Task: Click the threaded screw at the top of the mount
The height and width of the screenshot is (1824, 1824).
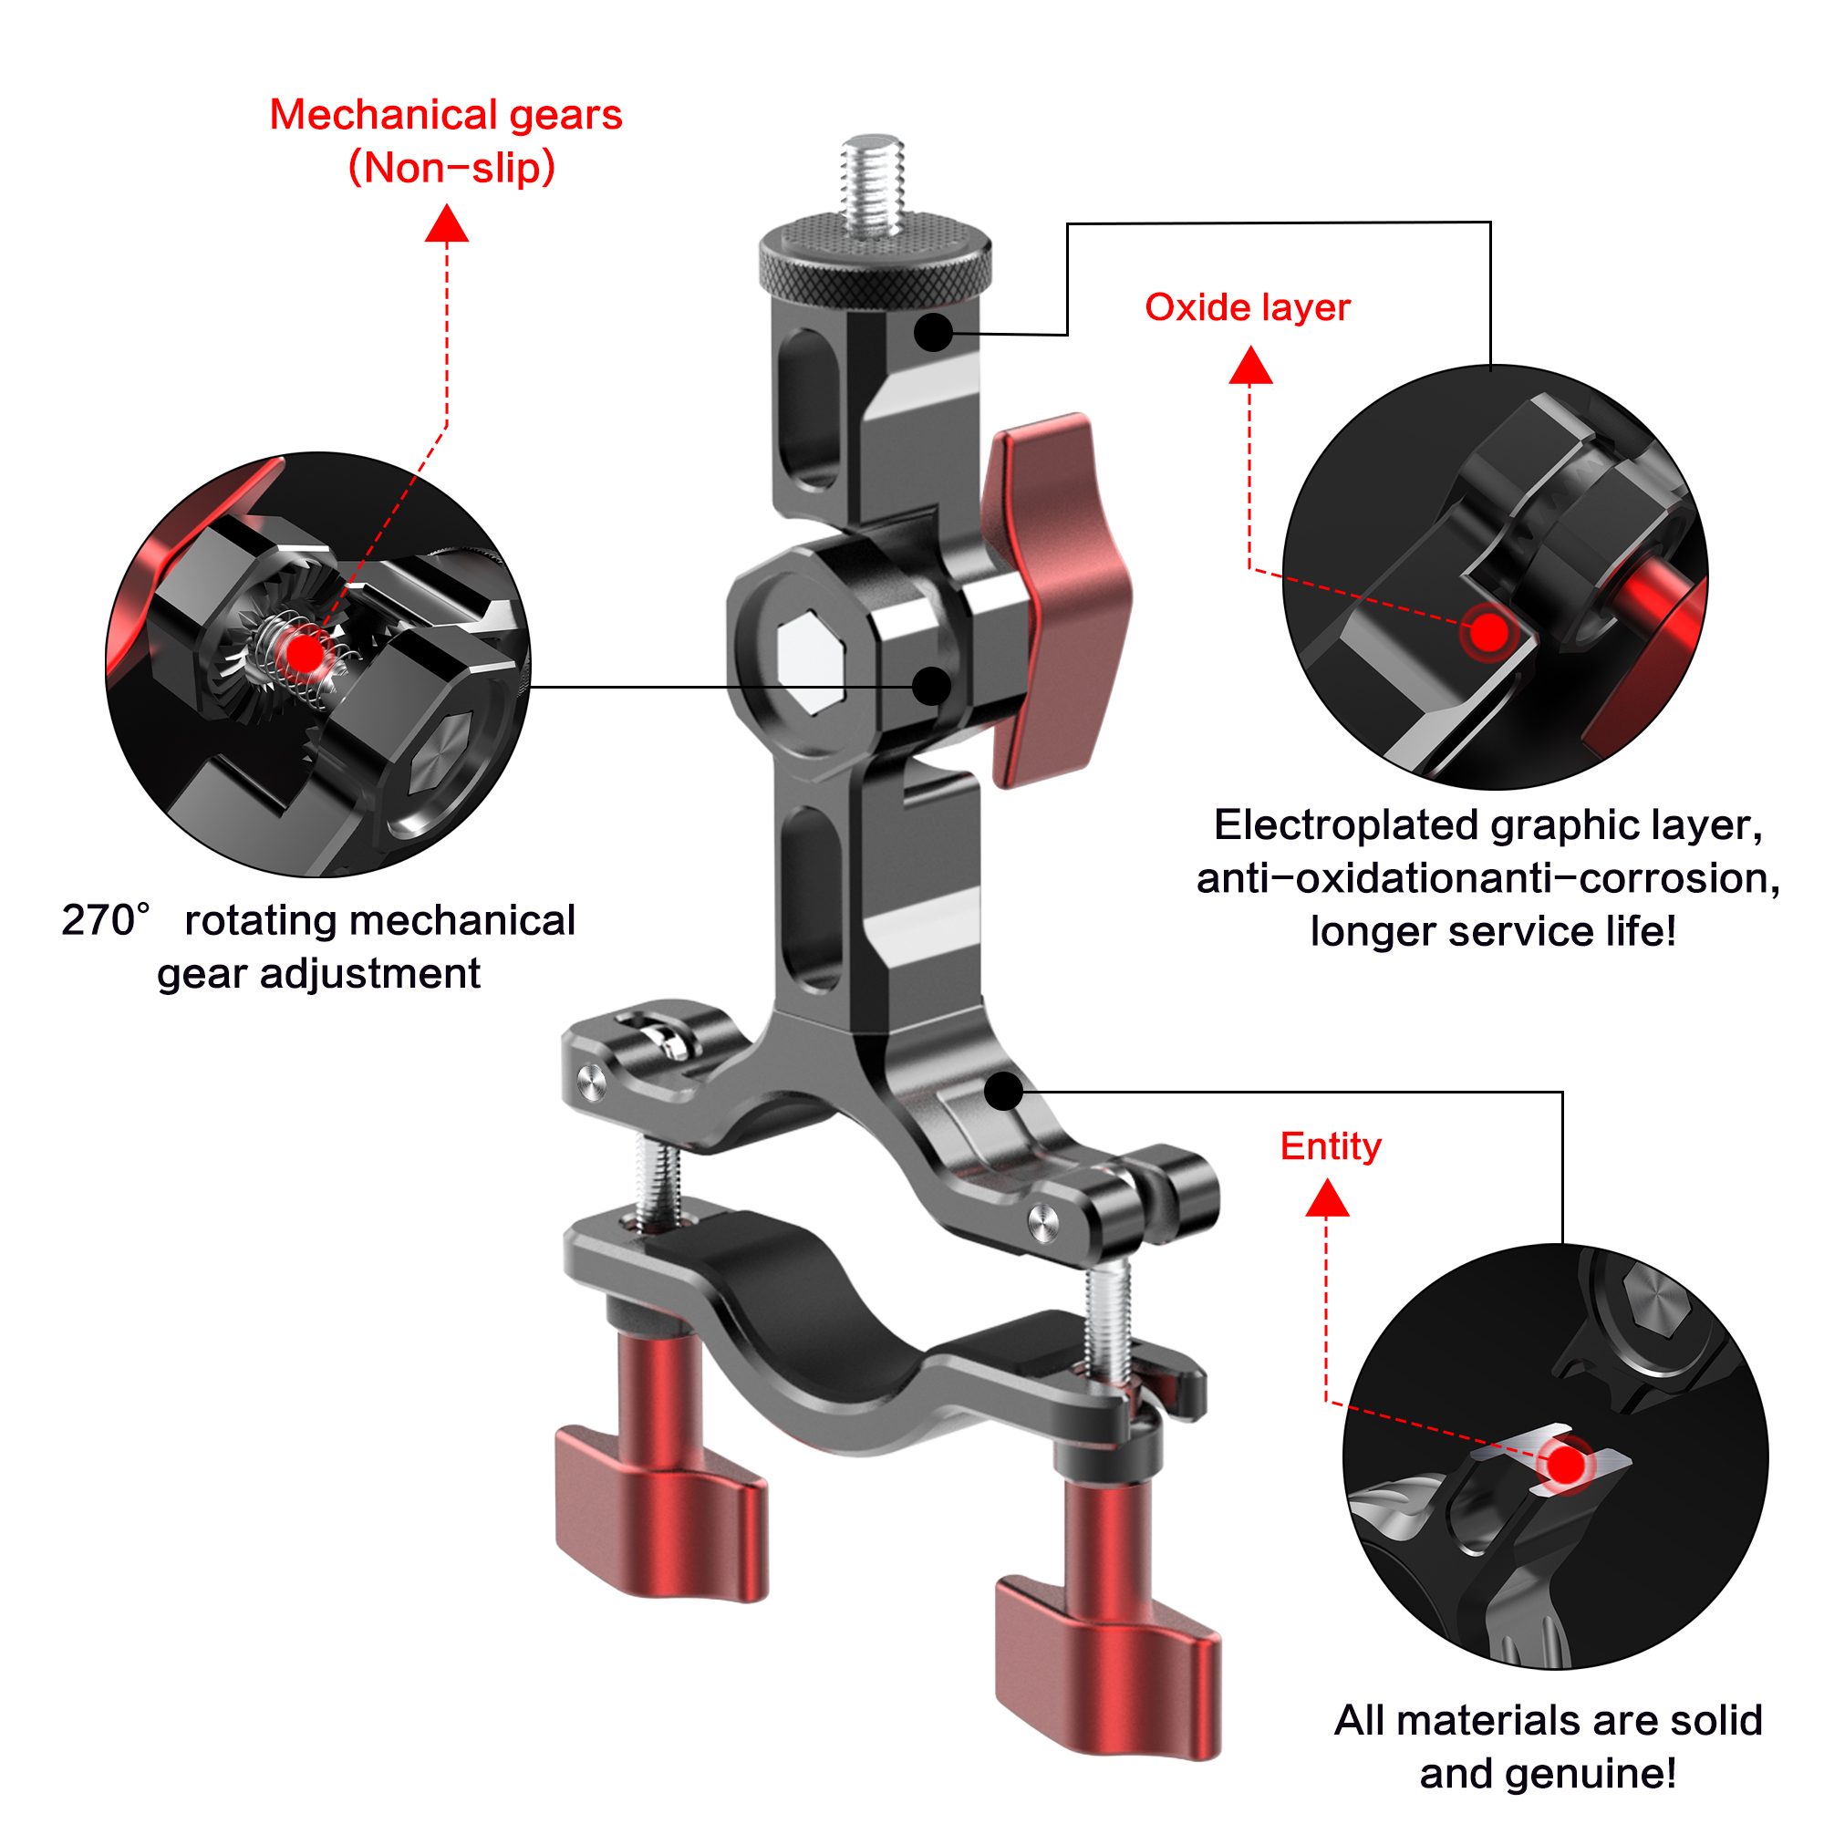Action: point(874,185)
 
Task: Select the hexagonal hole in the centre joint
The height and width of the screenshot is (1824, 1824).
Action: point(810,661)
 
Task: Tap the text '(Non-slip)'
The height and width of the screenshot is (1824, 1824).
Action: point(451,168)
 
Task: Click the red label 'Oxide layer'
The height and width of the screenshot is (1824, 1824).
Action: point(1247,307)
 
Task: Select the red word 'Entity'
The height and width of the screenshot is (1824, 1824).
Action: point(1331,1146)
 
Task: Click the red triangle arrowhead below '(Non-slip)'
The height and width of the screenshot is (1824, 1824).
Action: point(447,225)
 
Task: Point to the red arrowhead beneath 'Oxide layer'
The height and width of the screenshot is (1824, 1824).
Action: point(1250,368)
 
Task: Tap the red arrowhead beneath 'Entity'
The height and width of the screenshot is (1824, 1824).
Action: point(1326,1201)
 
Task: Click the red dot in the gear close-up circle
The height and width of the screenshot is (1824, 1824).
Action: point(304,653)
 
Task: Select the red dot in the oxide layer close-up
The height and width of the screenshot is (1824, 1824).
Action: point(1489,632)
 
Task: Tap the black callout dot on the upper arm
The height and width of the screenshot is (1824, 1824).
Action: point(933,332)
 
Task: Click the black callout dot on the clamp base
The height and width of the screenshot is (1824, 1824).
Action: point(1003,1092)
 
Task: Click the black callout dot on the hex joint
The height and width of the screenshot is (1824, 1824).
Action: point(932,687)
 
